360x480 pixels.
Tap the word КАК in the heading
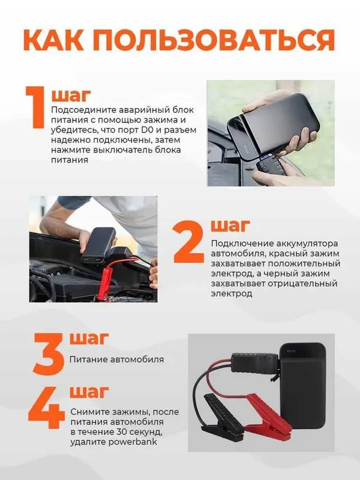click(x=53, y=40)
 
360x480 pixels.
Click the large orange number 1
click(x=35, y=107)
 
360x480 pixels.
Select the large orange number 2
click(x=188, y=242)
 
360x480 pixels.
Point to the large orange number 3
click(x=49, y=354)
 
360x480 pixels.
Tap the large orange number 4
click(x=47, y=407)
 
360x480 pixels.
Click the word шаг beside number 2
click(x=230, y=226)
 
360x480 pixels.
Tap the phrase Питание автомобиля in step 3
click(x=116, y=359)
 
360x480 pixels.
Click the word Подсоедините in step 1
click(x=81, y=110)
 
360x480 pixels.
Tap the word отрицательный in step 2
click(x=302, y=283)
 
